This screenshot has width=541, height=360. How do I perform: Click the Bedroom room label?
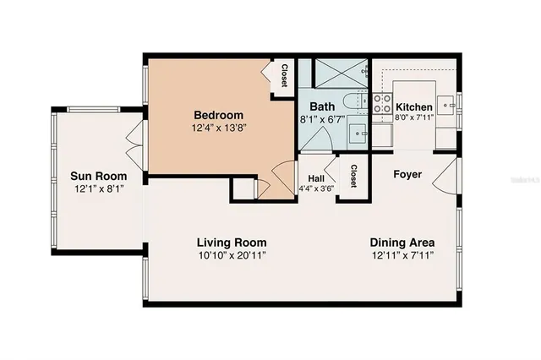[x=218, y=115]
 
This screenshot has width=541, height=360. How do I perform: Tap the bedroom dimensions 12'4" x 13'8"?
[x=218, y=128]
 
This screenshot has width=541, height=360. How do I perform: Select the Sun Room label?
[x=99, y=177]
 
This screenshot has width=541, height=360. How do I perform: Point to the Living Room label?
[x=226, y=243]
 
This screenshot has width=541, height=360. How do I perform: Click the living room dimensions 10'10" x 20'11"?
[x=226, y=255]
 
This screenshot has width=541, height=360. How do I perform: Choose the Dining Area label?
[x=402, y=243]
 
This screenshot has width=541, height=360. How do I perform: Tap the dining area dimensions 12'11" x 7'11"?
[x=402, y=255]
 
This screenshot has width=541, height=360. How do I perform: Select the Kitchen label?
[x=414, y=107]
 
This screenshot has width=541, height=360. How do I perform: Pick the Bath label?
[x=322, y=106]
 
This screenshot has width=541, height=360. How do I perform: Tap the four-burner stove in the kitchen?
[x=382, y=107]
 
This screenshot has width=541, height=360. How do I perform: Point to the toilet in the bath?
[x=358, y=102]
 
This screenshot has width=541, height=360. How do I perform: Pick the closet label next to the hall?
[x=352, y=176]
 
